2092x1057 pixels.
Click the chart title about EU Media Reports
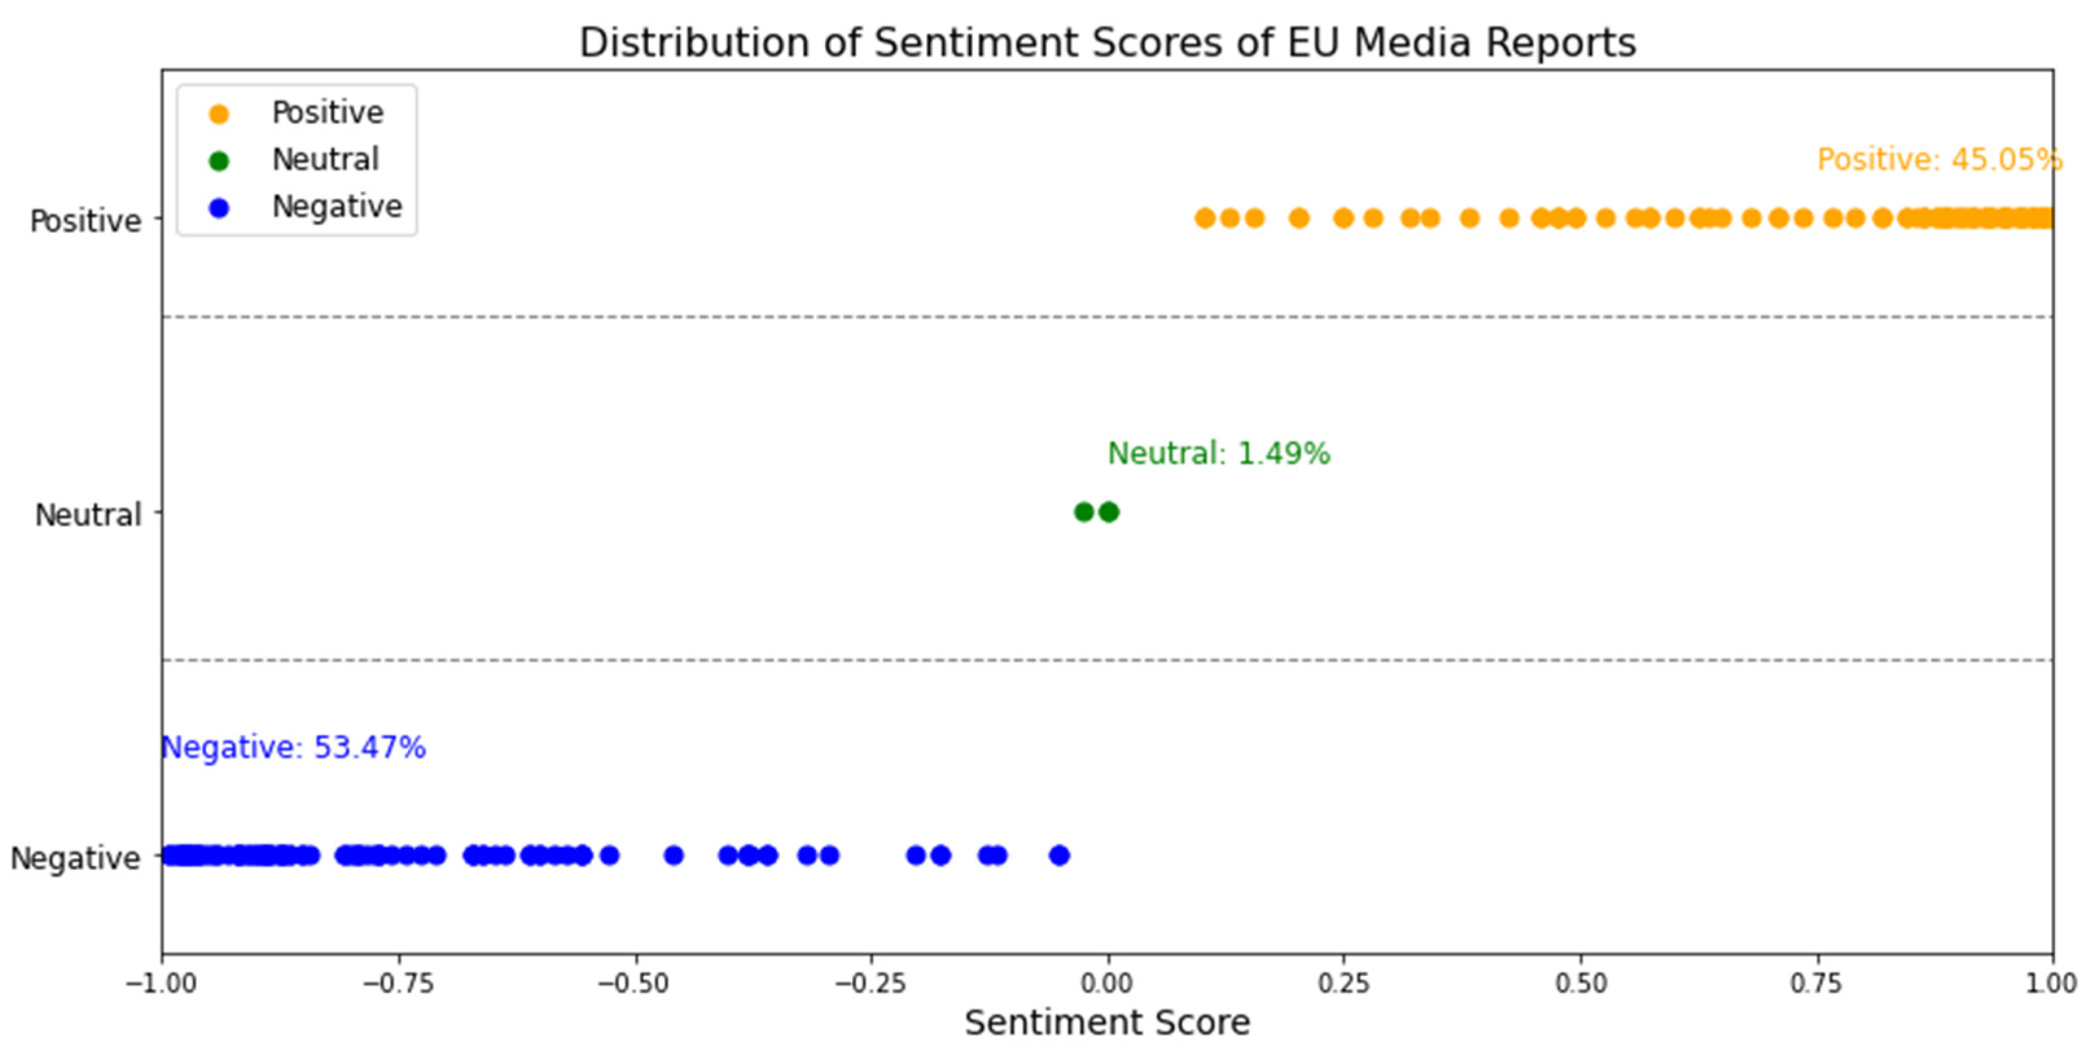(x=1107, y=42)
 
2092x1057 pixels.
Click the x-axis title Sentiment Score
(x=1107, y=1023)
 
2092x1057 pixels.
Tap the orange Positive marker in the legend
(x=218, y=114)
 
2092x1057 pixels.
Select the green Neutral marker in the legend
(x=218, y=161)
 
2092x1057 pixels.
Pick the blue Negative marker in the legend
(x=218, y=208)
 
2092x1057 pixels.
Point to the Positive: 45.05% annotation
(x=1939, y=160)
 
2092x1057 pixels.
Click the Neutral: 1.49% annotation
(x=1218, y=454)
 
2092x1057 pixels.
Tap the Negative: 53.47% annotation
(x=294, y=748)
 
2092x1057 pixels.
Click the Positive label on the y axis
(x=85, y=221)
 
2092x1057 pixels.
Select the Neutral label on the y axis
(x=87, y=515)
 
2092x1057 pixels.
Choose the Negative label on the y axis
(x=74, y=858)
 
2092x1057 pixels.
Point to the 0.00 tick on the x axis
(x=1108, y=984)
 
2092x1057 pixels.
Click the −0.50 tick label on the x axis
(x=634, y=984)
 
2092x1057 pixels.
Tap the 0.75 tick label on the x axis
(x=1817, y=984)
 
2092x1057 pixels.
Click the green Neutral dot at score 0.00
(x=1109, y=511)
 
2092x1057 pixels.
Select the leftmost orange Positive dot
(x=1205, y=217)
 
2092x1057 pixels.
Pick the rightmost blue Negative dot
(x=1059, y=855)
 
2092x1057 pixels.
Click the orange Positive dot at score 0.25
(x=1343, y=217)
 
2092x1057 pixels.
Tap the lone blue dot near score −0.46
(x=673, y=855)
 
